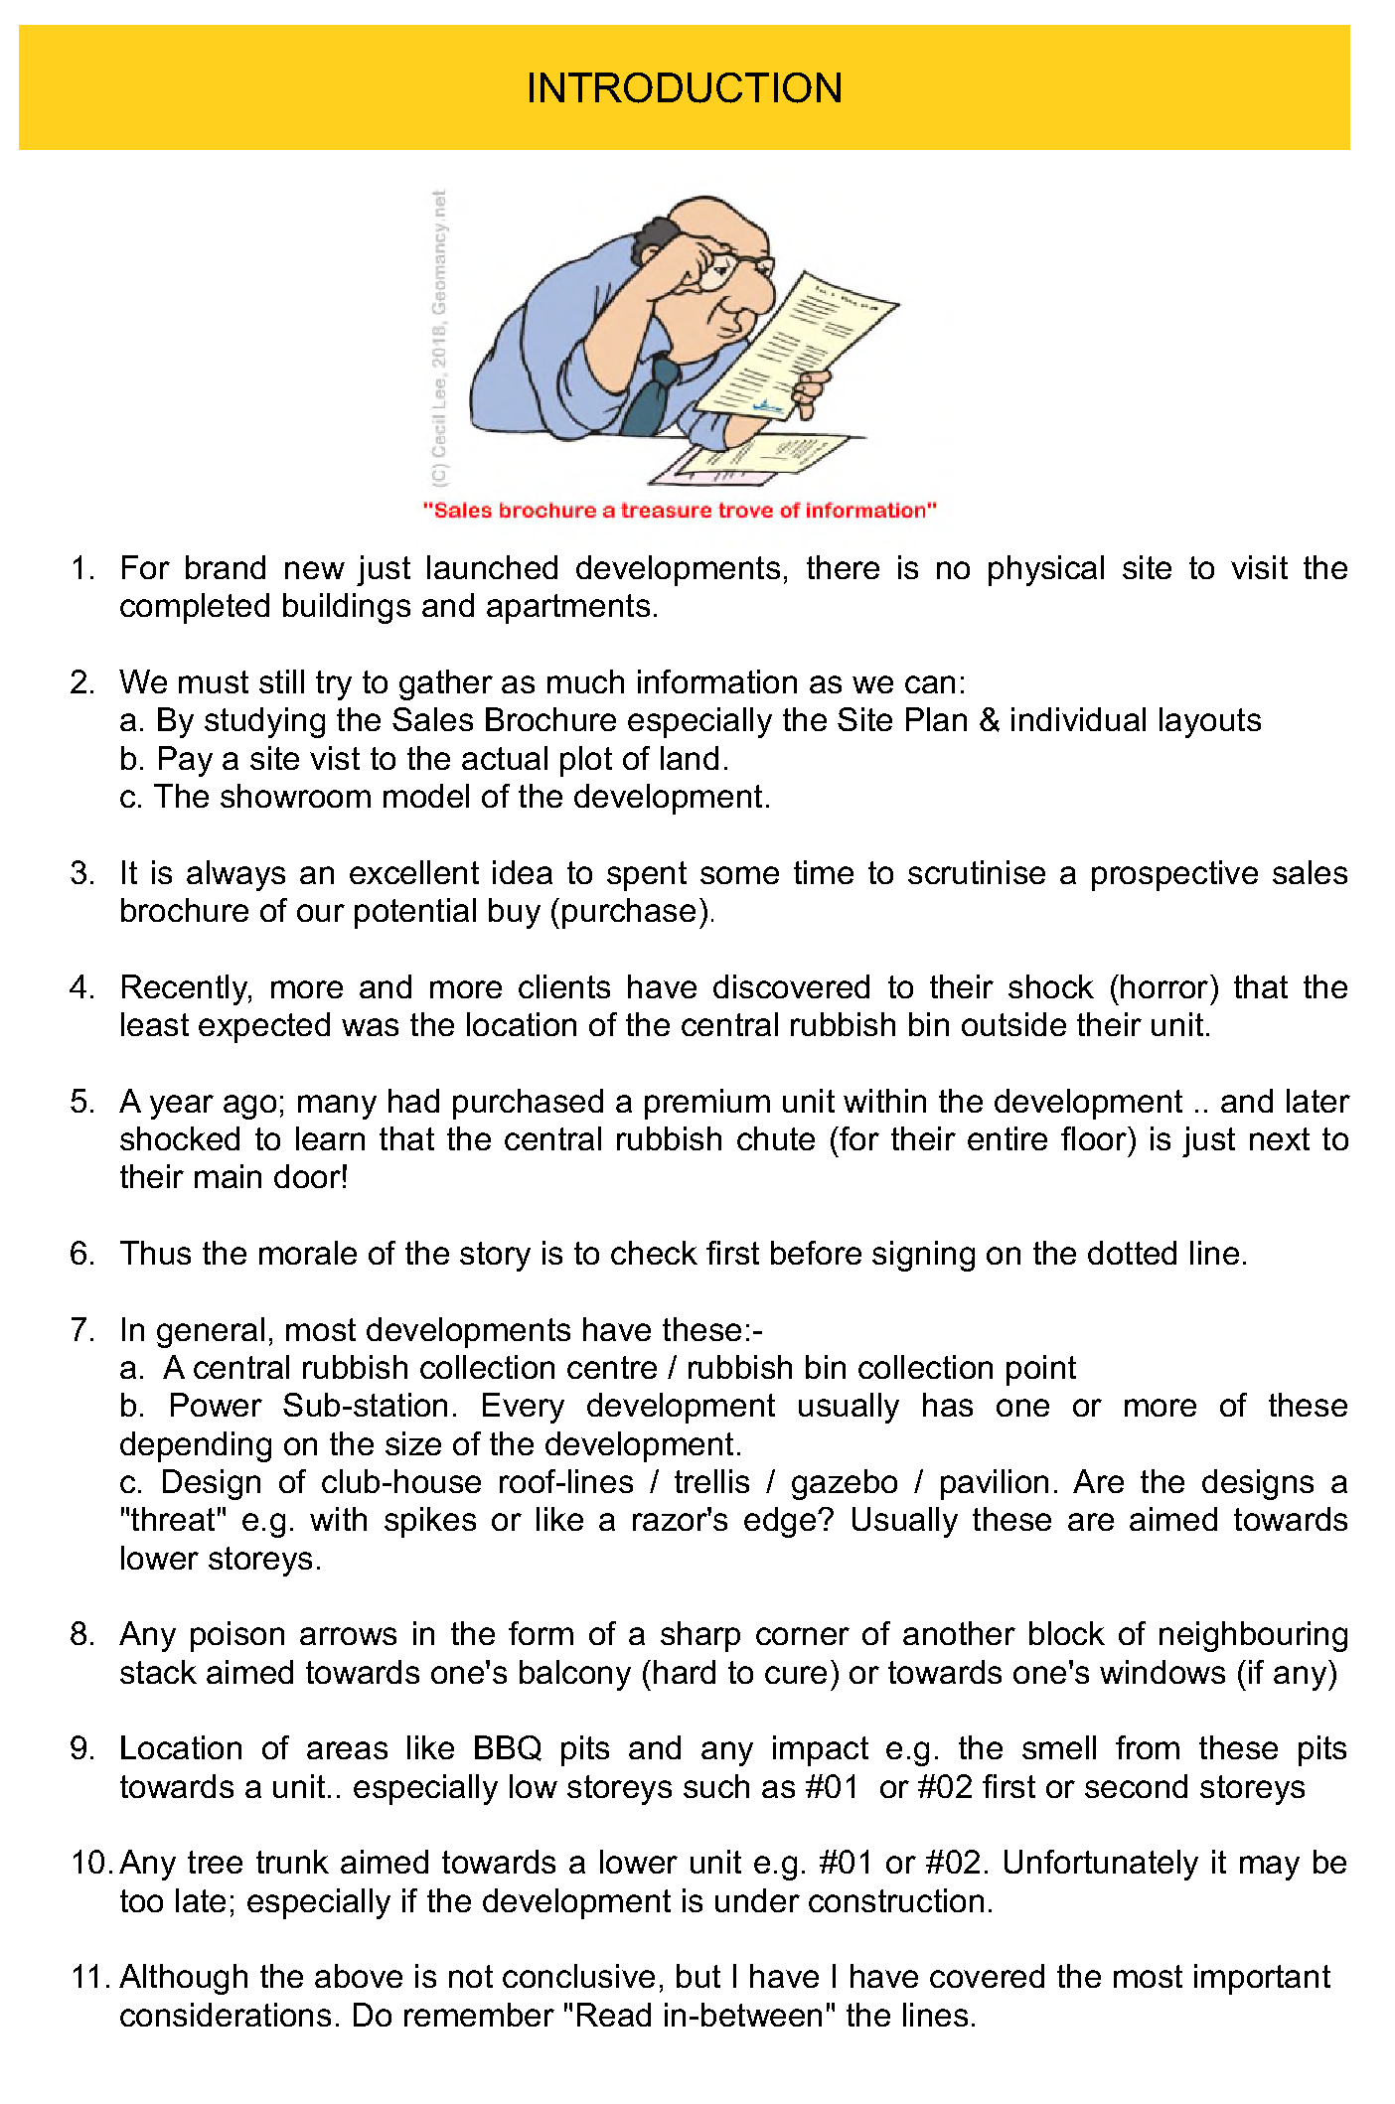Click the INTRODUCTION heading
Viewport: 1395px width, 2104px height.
[684, 88]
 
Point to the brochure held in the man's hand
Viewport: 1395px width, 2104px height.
[795, 348]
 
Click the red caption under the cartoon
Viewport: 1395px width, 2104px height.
[680, 511]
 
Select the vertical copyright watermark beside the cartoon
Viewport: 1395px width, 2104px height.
[439, 338]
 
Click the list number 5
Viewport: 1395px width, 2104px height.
[81, 1102]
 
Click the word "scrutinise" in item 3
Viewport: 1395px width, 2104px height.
[976, 873]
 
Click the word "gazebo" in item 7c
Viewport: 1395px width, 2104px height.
[844, 1482]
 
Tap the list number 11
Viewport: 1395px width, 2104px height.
[89, 1978]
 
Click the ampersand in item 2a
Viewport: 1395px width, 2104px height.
[989, 720]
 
